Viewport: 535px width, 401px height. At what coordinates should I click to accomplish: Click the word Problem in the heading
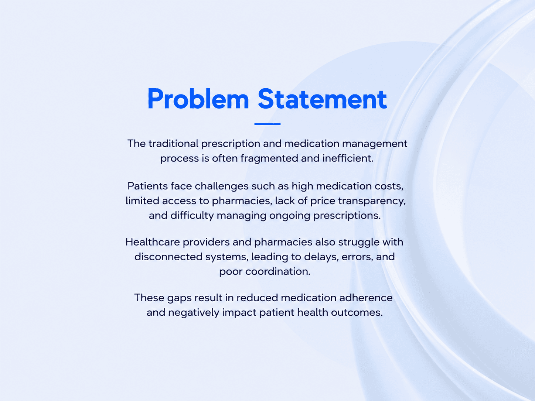tap(198, 99)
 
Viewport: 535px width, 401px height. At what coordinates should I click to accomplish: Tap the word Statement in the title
tap(322, 99)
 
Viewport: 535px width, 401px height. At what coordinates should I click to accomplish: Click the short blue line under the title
tap(267, 124)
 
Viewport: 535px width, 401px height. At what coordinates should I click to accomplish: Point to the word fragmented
tap(269, 158)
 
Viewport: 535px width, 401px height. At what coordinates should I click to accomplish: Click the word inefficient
tap(348, 158)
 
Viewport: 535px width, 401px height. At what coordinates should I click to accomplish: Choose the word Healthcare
tap(153, 242)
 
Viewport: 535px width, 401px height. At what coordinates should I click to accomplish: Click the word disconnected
tap(168, 257)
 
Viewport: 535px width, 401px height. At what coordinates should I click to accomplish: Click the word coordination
tap(278, 271)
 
